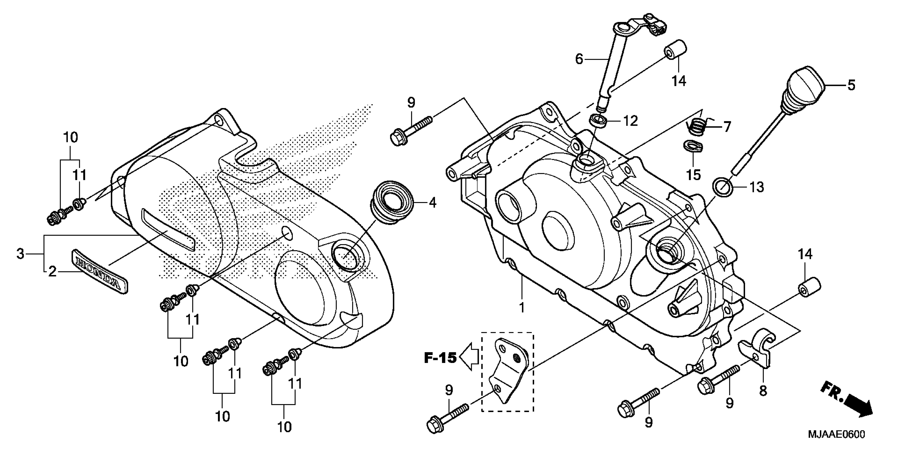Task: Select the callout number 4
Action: coord(433,203)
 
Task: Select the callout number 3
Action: coord(21,254)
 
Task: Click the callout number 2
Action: coord(52,271)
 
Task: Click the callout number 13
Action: coord(757,187)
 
